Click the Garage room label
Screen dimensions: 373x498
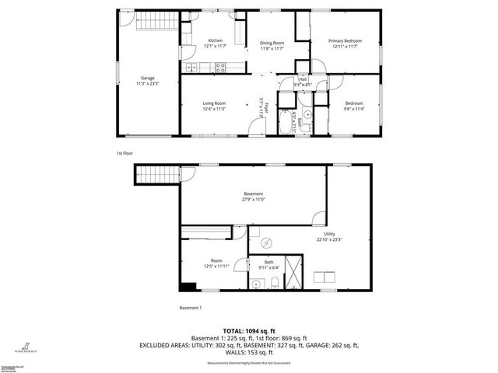147,78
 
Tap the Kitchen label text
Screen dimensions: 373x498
215,40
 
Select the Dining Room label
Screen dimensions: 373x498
272,43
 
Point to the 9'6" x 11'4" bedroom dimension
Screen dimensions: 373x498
353,108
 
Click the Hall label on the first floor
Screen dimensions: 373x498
302,79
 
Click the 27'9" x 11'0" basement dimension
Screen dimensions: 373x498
254,199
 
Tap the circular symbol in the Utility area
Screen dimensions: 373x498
265,241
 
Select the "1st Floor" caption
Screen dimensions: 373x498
124,153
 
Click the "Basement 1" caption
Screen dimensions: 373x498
191,308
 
